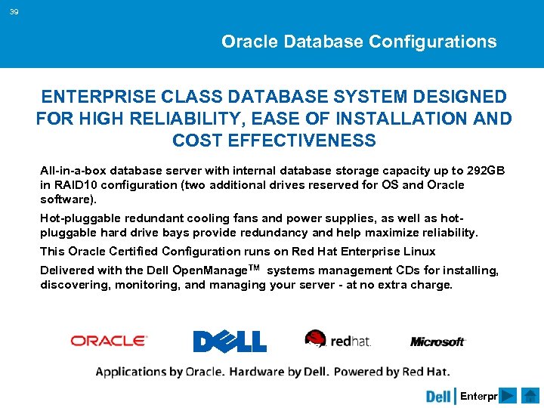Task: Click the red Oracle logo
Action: [109, 341]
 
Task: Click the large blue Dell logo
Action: [230, 342]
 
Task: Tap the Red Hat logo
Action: [338, 339]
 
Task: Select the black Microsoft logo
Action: [437, 342]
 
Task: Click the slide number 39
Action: [14, 12]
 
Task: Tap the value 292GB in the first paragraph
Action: [487, 170]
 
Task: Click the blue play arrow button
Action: [508, 396]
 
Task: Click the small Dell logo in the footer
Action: [438, 396]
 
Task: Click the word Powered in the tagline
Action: [360, 371]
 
